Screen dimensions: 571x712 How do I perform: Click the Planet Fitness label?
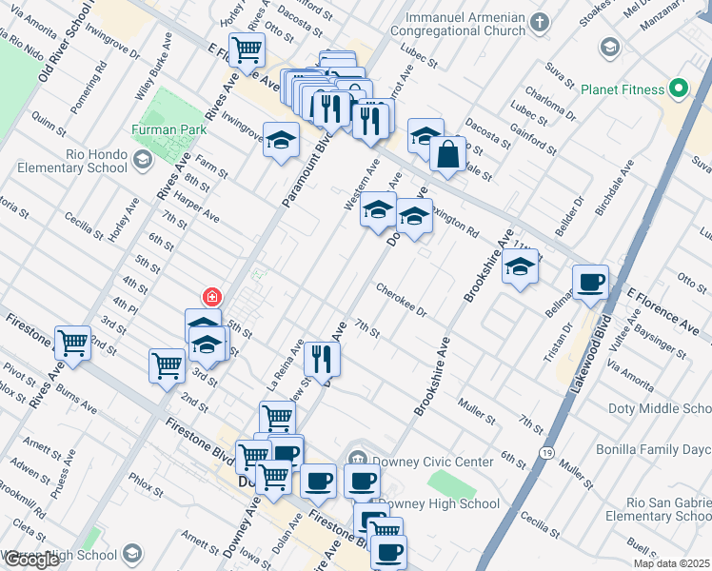click(623, 89)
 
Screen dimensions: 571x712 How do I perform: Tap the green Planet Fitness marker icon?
click(678, 89)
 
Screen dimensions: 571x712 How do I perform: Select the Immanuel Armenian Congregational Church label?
click(466, 27)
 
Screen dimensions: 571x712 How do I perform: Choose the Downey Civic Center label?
click(432, 462)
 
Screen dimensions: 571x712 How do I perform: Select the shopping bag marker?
click(447, 153)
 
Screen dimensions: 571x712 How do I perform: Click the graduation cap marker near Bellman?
click(520, 267)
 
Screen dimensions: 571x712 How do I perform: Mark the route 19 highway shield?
click(546, 451)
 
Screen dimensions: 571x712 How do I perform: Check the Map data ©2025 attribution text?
click(671, 563)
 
